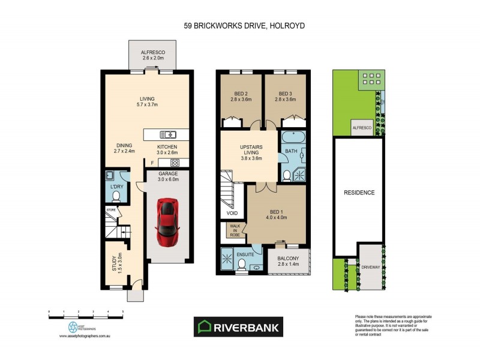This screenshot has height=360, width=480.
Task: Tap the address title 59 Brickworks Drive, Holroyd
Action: tap(239, 26)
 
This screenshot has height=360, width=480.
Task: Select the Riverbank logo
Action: tap(239, 327)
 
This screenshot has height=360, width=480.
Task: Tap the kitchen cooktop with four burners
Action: tap(175, 163)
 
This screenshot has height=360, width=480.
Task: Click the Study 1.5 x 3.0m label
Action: tap(118, 263)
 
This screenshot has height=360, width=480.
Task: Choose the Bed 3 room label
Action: tap(286, 97)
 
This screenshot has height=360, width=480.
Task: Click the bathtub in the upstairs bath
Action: tap(292, 137)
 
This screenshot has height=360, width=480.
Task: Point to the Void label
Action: tap(232, 213)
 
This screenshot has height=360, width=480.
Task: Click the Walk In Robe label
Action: tap(233, 231)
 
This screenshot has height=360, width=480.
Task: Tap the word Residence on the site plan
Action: tap(359, 193)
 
